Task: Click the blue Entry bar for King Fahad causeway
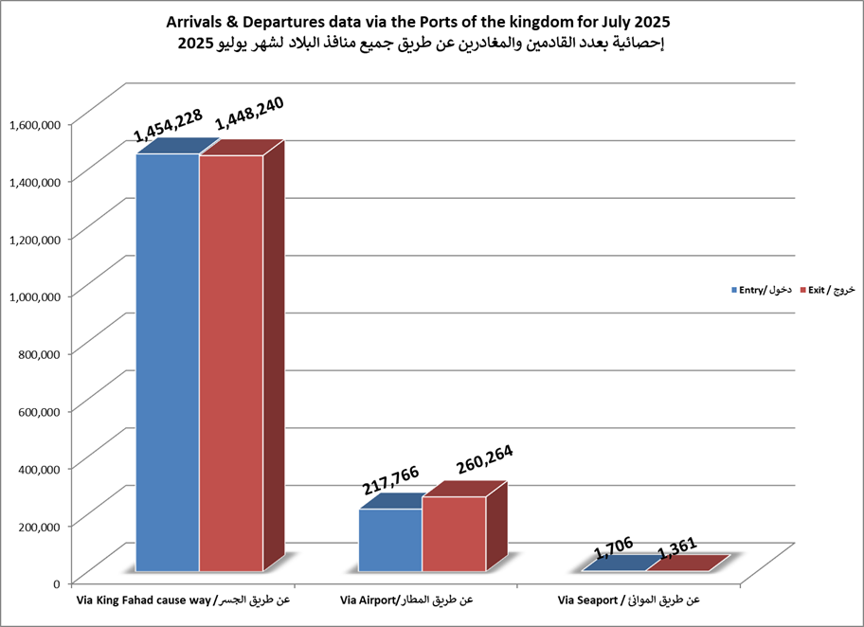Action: pyautogui.click(x=167, y=362)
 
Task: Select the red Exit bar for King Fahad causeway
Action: pyautogui.click(x=230, y=362)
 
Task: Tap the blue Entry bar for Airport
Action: pyautogui.click(x=390, y=540)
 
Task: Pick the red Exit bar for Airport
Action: pyautogui.click(x=454, y=533)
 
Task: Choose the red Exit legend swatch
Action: pyautogui.click(x=801, y=289)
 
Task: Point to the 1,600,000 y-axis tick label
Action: pyautogui.click(x=35, y=123)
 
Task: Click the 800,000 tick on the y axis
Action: pyautogui.click(x=40, y=352)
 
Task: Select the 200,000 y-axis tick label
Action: pyautogui.click(x=40, y=525)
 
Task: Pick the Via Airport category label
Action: pyautogui.click(x=405, y=600)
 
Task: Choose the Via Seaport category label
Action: pyautogui.click(x=628, y=600)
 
